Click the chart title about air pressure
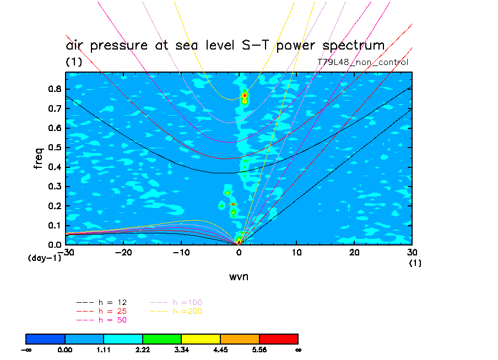click(225, 46)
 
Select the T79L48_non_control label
click(363, 62)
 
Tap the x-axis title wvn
click(239, 276)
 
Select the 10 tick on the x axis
click(296, 252)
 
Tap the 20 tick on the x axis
click(354, 252)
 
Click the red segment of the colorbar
click(279, 338)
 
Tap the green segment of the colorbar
click(162, 338)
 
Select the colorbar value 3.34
click(182, 349)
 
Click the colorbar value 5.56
click(259, 349)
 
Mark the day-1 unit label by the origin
click(45, 258)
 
